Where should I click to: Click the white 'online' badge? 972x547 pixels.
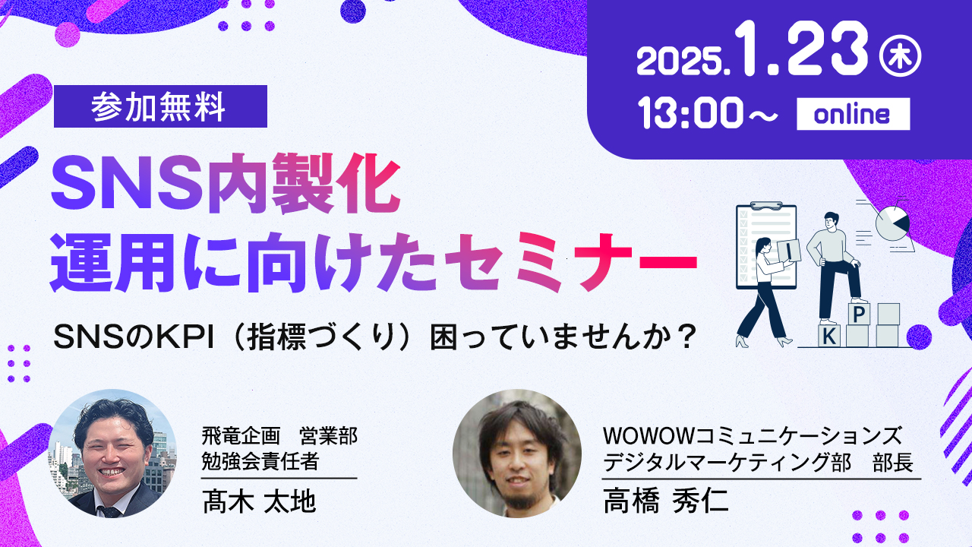point(853,114)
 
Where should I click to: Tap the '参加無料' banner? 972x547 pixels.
point(160,106)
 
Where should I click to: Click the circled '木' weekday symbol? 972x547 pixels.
point(900,57)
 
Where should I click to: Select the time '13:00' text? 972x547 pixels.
point(691,112)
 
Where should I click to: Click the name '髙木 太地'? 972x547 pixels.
point(259,501)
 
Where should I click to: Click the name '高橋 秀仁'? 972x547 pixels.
point(666,501)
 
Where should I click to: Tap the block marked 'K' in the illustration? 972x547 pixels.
point(828,336)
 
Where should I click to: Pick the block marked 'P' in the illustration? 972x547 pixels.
point(858,314)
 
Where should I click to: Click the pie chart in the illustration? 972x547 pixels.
point(892,223)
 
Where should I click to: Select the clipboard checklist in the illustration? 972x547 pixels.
point(766,245)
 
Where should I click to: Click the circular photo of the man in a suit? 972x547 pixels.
point(112,454)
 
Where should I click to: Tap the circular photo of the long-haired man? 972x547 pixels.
point(517,454)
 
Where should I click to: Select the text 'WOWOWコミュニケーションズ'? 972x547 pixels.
point(753,436)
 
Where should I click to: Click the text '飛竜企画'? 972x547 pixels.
point(241,436)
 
